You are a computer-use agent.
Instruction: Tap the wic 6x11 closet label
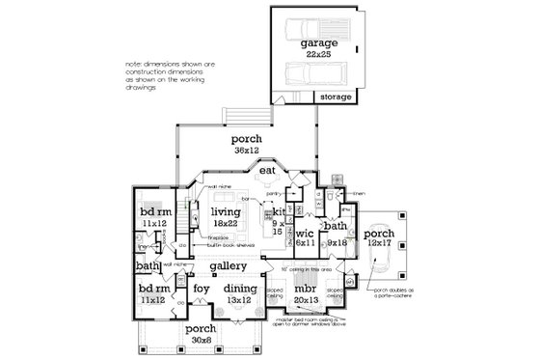pos(305,236)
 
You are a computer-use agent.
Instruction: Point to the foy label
pos(202,288)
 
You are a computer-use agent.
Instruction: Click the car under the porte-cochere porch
pos(375,241)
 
